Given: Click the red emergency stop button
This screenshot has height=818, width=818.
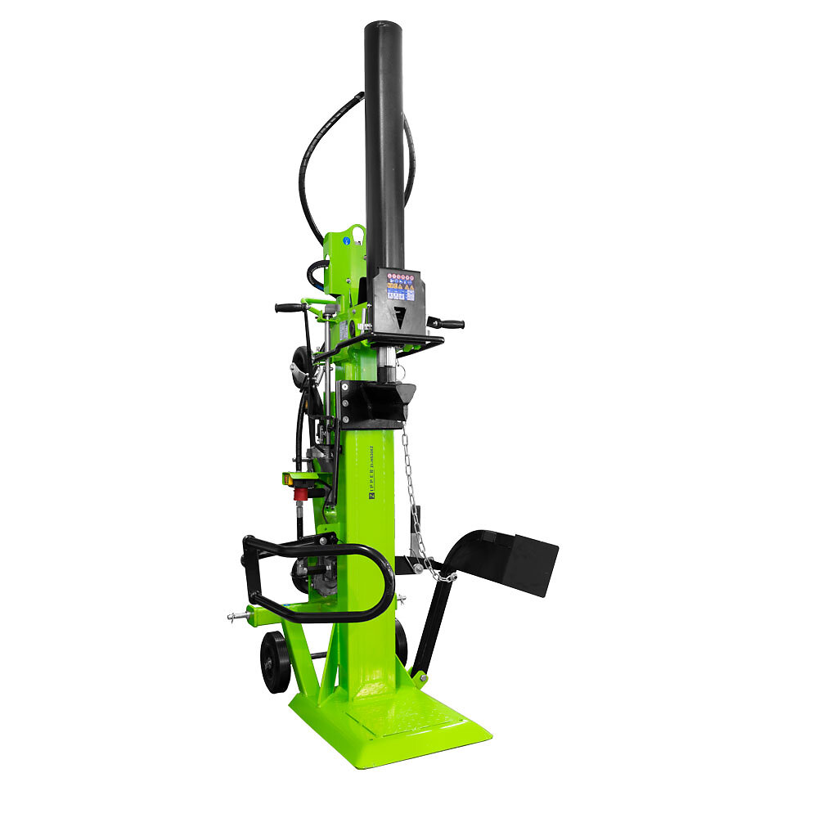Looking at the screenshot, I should click(301, 493).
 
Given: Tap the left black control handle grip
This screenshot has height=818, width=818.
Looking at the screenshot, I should click(288, 308).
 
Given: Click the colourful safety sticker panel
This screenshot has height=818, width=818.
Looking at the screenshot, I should click(400, 285).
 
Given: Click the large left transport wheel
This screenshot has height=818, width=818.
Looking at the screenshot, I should click(275, 661).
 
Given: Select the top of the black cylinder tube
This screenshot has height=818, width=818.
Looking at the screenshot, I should click(383, 29).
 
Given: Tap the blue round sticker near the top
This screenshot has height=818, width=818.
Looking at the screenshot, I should click(347, 240).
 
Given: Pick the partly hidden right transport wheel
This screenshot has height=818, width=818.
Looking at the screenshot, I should click(402, 641).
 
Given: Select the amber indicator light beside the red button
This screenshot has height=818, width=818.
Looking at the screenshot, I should click(290, 478).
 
